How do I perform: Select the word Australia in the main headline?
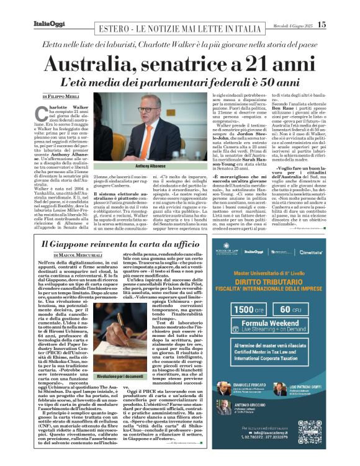pyautogui.click(x=102, y=65)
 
